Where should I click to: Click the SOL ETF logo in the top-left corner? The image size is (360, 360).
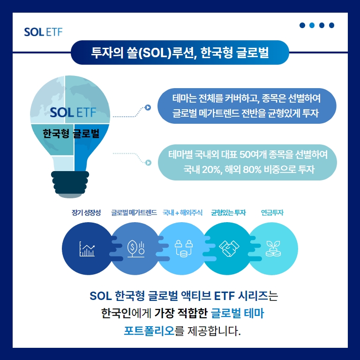coord(43,32)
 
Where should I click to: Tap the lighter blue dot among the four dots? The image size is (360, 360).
coord(312,25)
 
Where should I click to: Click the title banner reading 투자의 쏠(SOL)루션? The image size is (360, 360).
coord(180,52)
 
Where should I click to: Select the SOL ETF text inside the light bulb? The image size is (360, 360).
coord(73,112)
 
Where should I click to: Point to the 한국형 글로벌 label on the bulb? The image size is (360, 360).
coord(71,134)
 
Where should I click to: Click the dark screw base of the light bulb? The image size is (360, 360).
coord(70,183)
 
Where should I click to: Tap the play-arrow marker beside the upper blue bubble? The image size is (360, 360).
coord(148,107)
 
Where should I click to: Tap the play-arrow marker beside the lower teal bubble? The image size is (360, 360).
coord(148,163)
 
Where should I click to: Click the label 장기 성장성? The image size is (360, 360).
coord(86,213)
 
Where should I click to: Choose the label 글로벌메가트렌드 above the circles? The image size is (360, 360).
coord(134,213)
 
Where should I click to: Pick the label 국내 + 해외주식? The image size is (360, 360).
coord(182,213)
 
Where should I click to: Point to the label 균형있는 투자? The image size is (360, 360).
coord(228,213)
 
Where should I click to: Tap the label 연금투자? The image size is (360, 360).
coord(272,213)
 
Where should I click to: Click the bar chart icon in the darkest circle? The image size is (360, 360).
coord(87,249)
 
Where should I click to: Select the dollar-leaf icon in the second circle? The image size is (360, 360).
coord(136,248)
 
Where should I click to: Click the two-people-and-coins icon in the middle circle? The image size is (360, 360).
coord(183,248)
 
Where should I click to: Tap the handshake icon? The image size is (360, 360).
coord(229,248)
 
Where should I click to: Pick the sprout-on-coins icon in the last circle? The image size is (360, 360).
coord(273,248)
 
